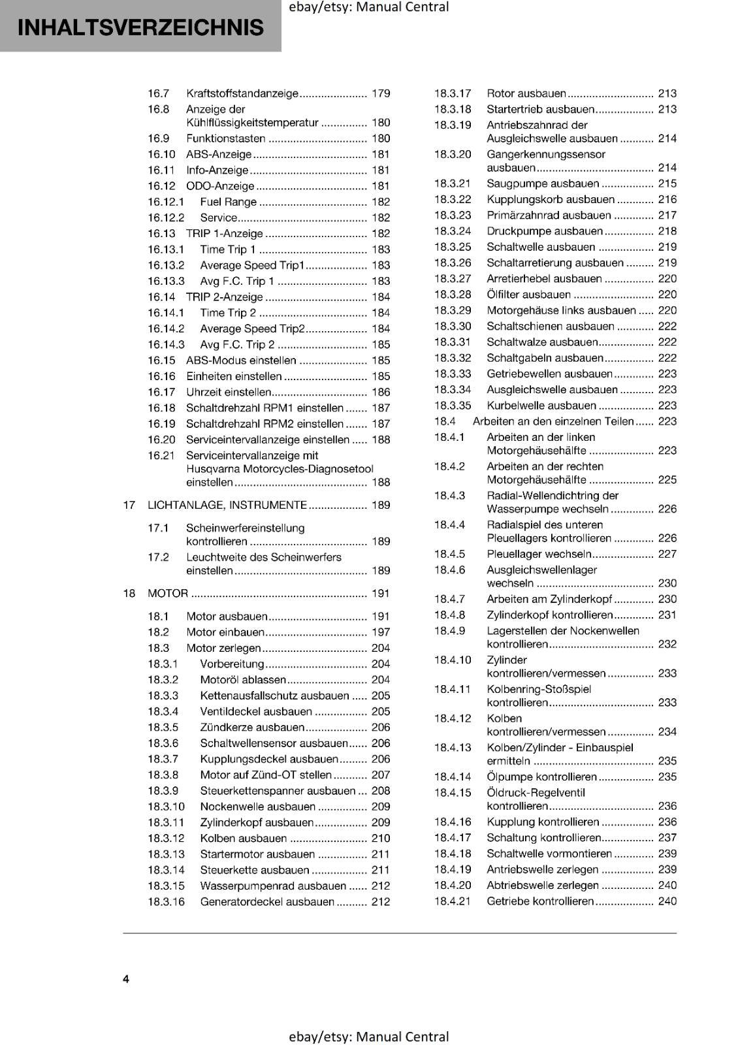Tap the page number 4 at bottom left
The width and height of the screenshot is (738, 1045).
126,979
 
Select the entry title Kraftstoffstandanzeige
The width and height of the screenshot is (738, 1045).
242,93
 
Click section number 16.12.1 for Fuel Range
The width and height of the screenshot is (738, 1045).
166,202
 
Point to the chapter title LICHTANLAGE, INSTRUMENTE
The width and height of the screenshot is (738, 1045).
227,505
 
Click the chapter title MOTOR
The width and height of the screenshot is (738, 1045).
168,593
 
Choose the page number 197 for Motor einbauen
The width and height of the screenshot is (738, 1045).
380,632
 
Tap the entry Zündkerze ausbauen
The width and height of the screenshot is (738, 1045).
252,728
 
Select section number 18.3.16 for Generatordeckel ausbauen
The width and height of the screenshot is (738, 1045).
166,902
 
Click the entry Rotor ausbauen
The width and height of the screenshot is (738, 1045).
526,93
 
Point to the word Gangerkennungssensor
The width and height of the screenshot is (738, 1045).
546,155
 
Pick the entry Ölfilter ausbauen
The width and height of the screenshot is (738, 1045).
528,295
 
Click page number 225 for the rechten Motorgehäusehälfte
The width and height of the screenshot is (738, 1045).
667,480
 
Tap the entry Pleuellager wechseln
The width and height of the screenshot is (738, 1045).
539,554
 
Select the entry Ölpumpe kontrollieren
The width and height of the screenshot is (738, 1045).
541,777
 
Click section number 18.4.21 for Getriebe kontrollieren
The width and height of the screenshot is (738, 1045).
453,901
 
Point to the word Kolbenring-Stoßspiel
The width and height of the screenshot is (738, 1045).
539,689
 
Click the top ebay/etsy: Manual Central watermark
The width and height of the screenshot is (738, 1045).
368,7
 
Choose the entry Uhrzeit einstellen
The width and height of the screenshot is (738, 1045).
229,393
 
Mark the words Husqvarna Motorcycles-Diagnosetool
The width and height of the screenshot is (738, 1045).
280,469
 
